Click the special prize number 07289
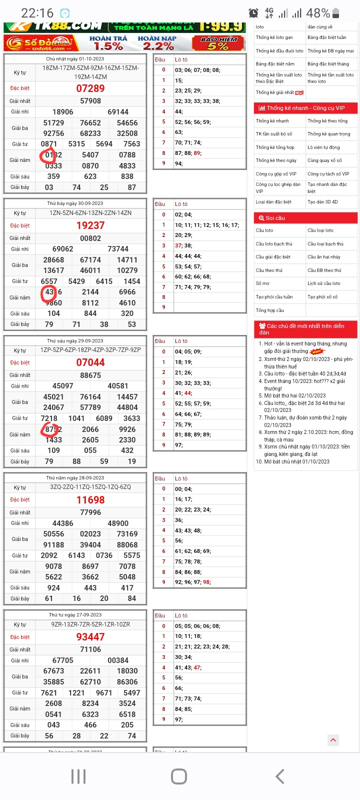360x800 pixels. click(90, 88)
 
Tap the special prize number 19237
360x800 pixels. click(90, 225)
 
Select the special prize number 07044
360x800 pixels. click(90, 362)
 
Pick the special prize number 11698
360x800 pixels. click(90, 500)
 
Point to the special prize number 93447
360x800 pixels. click(90, 637)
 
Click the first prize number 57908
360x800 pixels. click(90, 101)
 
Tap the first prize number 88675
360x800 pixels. click(90, 375)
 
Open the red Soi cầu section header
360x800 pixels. click(305, 218)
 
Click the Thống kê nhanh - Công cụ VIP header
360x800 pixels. click(305, 108)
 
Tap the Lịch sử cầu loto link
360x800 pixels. click(324, 283)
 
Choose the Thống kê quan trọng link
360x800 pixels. click(329, 134)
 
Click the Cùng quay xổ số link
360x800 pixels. click(324, 160)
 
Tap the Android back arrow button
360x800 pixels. click(280, 776)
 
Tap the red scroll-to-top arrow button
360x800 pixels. click(333, 740)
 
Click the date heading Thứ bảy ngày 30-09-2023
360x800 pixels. click(75, 203)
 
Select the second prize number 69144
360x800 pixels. click(118, 112)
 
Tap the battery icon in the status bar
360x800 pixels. click(335, 13)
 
